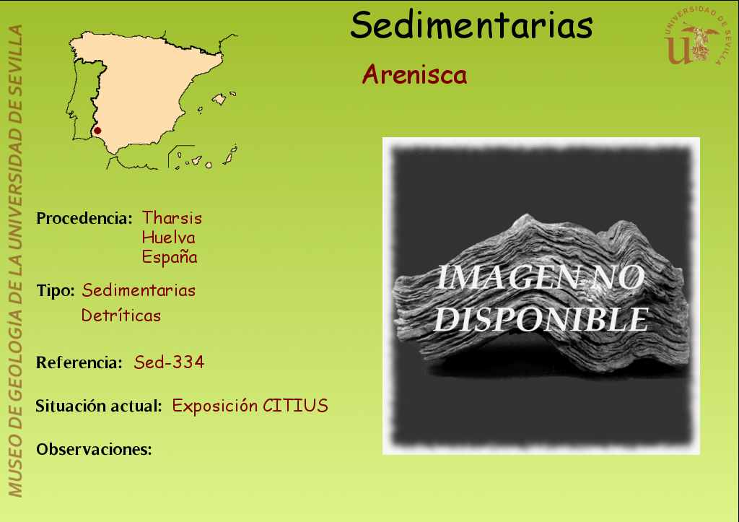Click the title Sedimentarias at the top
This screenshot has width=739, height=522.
click(471, 25)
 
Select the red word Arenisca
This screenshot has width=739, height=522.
click(415, 74)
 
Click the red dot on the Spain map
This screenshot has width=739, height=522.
click(97, 131)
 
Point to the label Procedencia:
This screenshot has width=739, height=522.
click(84, 218)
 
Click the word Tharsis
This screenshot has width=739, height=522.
click(172, 218)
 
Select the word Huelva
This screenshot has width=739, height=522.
click(168, 238)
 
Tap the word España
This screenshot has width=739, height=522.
click(170, 257)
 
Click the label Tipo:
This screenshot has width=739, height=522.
click(56, 290)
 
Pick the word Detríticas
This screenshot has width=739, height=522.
click(121, 315)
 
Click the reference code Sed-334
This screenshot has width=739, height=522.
click(169, 362)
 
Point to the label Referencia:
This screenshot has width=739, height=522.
click(79, 362)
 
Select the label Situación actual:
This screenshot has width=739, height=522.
click(99, 406)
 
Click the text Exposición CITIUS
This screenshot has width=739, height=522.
click(250, 406)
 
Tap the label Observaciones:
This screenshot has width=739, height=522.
click(95, 449)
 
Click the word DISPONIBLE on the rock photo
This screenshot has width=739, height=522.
click(541, 319)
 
